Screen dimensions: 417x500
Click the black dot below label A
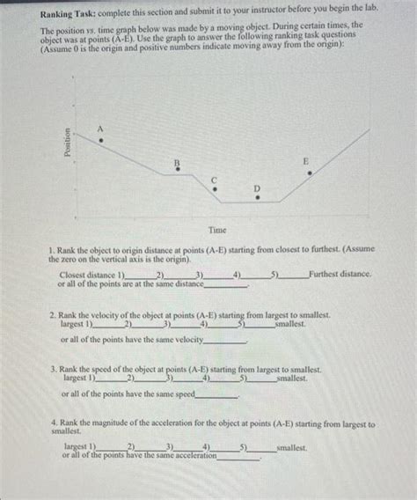pos(101,140)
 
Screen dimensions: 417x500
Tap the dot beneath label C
pos(214,187)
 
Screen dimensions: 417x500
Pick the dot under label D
pos(257,198)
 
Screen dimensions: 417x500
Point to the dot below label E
pos(309,173)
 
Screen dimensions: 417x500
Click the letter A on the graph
pos(101,129)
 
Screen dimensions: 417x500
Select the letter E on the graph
pos(306,161)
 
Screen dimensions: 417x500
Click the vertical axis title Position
pos(68,143)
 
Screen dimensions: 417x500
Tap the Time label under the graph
pos(216,230)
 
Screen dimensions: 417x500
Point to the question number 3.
pos(54,371)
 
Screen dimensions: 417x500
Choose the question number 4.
pos(54,424)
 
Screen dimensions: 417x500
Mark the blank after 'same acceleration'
pos(238,456)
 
